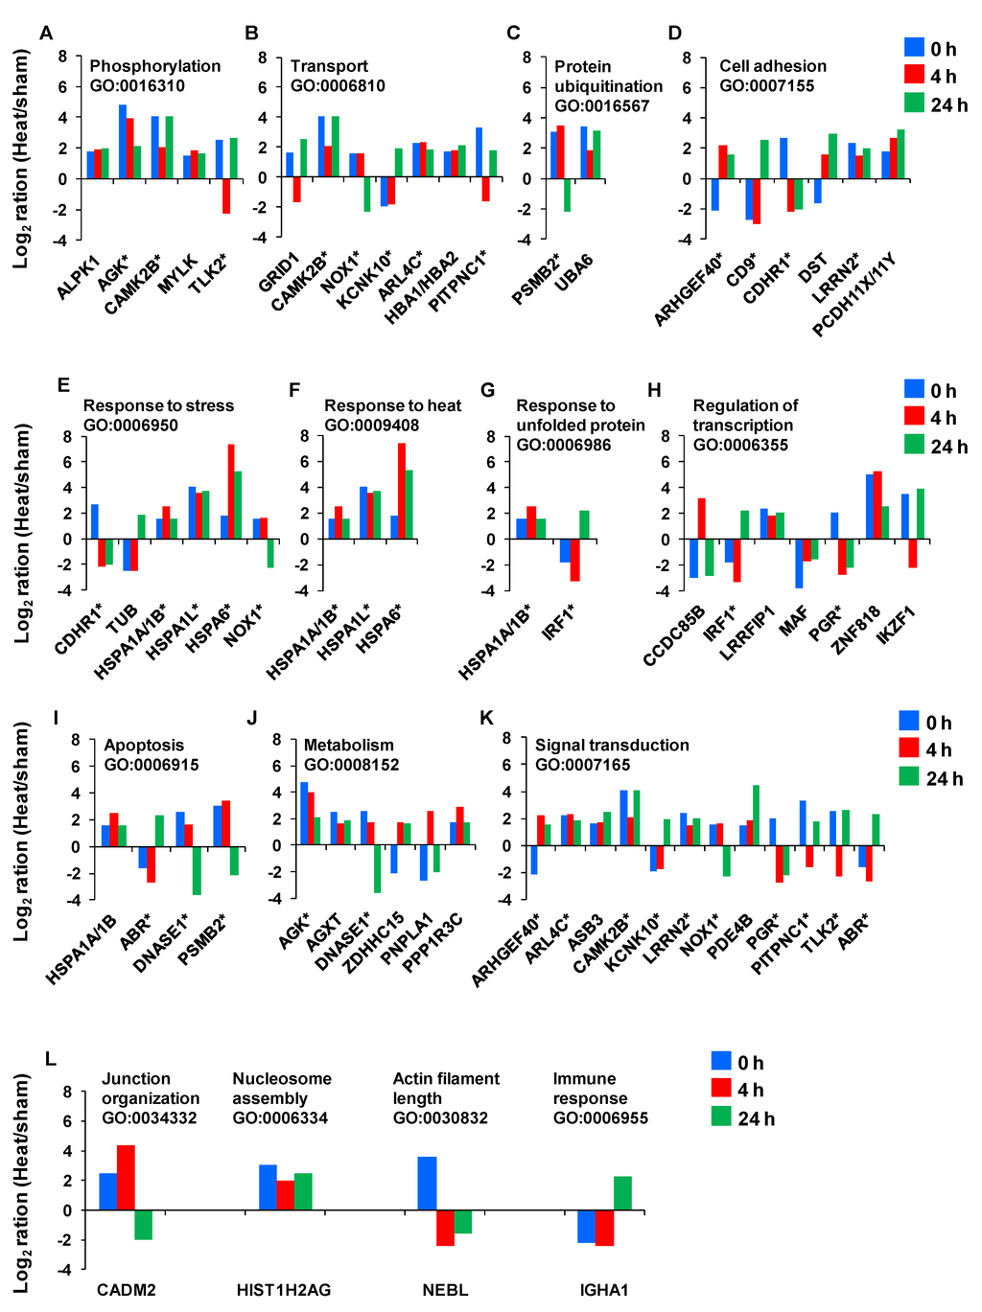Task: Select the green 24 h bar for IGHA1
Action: [622, 1193]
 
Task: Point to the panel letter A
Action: [46, 34]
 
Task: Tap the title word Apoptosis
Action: [144, 745]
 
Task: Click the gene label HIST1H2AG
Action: [283, 1290]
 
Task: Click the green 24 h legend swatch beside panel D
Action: [914, 104]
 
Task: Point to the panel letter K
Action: [486, 718]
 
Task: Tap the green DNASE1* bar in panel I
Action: [197, 870]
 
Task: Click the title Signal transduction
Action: [612, 745]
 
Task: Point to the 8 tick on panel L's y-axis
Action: [67, 1092]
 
